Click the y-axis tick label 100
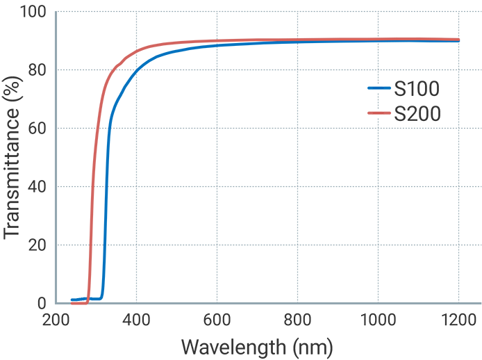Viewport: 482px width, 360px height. pos(31,13)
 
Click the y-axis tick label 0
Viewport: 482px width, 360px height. pos(41,304)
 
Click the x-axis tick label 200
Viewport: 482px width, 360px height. pos(56,320)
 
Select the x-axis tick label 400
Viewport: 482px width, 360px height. pos(136,320)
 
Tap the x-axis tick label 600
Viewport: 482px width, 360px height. pos(217,320)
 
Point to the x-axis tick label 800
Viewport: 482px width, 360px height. pos(297,320)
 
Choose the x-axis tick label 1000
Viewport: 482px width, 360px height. pos(378,320)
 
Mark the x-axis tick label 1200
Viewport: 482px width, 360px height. pos(458,320)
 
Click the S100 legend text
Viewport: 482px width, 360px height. pos(417,88)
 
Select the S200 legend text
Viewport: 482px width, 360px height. pos(417,113)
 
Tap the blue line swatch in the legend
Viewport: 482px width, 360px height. pos(379,88)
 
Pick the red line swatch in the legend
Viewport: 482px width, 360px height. pos(379,113)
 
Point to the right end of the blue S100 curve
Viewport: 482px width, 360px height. pos(458,41)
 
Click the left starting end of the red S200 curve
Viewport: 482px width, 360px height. pos(72,303)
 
